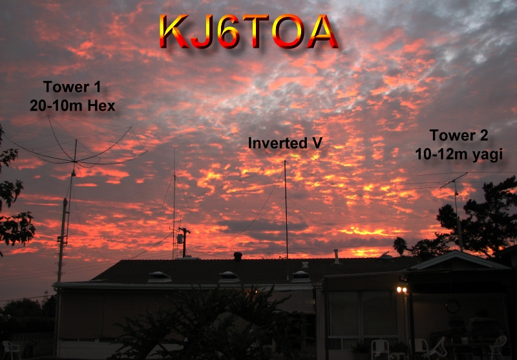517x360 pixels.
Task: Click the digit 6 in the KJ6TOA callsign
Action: pos(228,31)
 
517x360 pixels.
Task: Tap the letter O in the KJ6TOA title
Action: pos(288,31)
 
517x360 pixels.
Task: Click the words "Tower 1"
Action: pos(72,87)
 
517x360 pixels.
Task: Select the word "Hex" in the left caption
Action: pos(101,106)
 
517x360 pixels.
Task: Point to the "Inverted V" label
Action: pos(285,143)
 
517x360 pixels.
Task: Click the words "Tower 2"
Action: pos(459,135)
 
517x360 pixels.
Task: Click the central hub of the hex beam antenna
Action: pos(75,161)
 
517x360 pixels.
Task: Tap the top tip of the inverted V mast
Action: pos(285,161)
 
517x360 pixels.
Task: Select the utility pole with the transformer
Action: pos(184,242)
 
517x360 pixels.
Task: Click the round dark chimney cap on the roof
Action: pos(238,256)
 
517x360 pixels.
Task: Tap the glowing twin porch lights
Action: pos(401,290)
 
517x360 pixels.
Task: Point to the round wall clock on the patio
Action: pos(452,307)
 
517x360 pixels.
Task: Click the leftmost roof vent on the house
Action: pos(160,277)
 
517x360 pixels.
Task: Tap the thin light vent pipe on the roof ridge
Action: pos(336,256)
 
